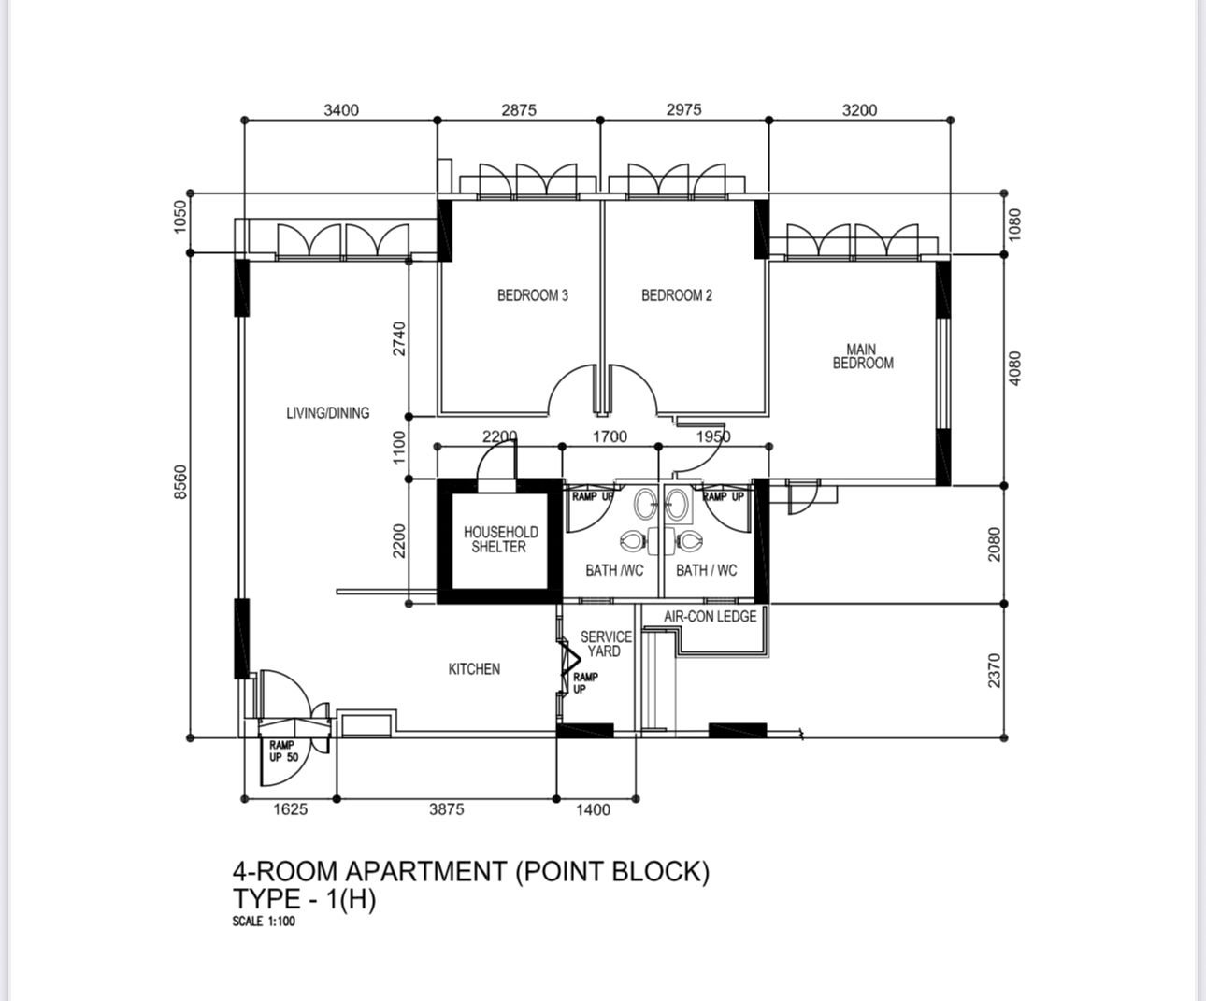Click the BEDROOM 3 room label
533,295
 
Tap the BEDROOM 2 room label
676,295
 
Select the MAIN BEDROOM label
862,356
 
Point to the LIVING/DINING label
327,413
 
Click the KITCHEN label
474,669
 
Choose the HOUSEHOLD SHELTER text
500,539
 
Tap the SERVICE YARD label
606,644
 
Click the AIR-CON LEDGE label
710,616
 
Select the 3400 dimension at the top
341,109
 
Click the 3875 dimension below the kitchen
447,809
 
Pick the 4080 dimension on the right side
1015,368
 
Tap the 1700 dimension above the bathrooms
610,436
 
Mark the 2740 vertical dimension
399,339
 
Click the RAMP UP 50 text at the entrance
283,751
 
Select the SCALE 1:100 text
264,922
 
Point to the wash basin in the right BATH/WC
678,505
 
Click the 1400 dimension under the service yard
593,809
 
